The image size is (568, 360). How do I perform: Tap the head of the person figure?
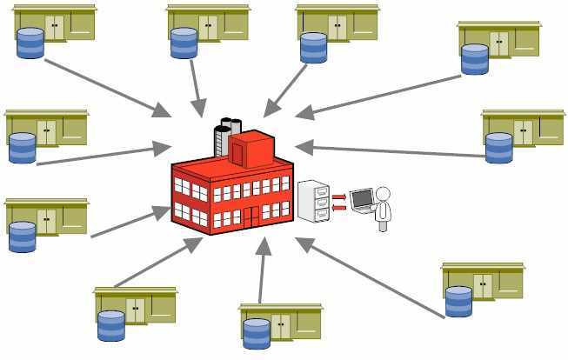[382, 194]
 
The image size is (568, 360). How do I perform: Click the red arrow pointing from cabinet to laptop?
[339, 197]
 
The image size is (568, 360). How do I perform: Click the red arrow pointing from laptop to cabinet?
[339, 207]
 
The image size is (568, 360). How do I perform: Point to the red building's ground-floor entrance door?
[251, 216]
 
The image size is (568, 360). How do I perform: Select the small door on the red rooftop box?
[237, 153]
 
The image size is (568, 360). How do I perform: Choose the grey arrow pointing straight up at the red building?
[262, 270]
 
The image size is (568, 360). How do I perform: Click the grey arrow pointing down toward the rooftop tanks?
[195, 87]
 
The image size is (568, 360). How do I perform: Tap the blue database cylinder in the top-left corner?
[30, 43]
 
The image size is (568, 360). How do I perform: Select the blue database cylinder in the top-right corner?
[475, 59]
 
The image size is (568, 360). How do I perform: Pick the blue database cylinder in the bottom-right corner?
[458, 301]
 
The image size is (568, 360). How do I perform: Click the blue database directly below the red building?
[257, 334]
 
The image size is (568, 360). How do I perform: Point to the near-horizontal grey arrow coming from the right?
[391, 150]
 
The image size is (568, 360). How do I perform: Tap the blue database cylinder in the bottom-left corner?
[111, 325]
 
